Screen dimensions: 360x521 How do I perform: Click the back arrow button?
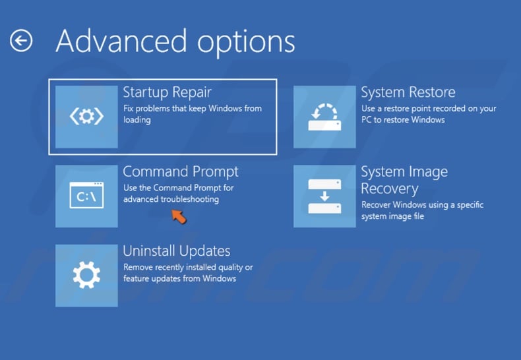(x=21, y=41)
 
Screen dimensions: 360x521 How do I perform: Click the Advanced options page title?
(x=175, y=41)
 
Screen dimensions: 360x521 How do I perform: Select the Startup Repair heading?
(x=167, y=92)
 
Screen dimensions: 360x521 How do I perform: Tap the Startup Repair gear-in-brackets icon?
(x=86, y=117)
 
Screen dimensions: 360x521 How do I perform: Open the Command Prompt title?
(x=181, y=171)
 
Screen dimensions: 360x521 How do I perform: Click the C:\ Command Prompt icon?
(x=86, y=196)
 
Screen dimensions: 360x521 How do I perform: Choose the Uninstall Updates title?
(x=177, y=251)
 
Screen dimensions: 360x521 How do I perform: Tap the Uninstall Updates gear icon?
(x=86, y=275)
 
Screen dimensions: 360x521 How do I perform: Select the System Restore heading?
(x=408, y=92)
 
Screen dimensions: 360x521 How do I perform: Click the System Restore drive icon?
(x=324, y=117)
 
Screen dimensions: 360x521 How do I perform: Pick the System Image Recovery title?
(x=404, y=180)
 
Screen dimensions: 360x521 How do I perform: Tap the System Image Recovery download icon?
(x=324, y=196)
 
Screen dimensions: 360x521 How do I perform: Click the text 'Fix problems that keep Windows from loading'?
(x=192, y=114)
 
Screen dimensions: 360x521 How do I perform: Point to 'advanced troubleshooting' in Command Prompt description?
(x=171, y=199)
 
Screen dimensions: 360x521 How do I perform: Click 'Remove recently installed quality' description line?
(x=188, y=268)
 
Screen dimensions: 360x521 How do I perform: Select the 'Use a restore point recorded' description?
(x=429, y=108)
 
